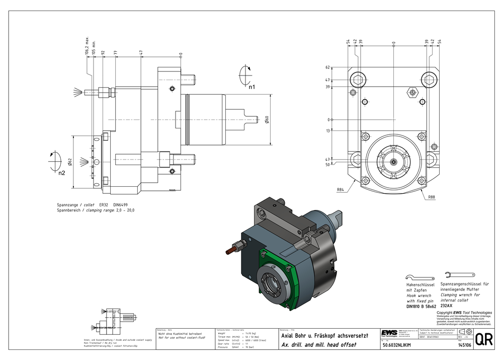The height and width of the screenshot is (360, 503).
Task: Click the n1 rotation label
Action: tap(252, 87)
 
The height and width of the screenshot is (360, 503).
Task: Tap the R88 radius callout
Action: tap(432, 197)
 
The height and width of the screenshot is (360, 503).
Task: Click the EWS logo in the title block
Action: tap(388, 333)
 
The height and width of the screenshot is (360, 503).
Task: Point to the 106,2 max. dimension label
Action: tap(87, 45)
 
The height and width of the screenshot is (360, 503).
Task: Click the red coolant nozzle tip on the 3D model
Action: tap(230, 250)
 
